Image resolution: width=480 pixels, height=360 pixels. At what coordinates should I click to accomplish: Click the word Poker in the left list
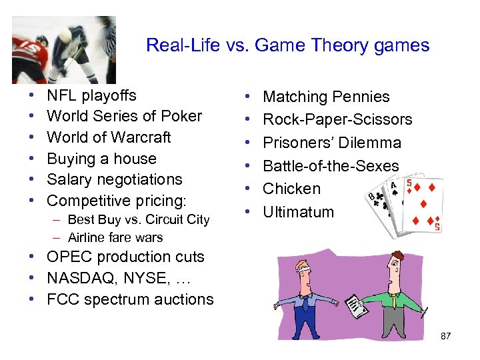[181, 116]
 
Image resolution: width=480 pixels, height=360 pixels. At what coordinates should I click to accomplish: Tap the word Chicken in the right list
[291, 189]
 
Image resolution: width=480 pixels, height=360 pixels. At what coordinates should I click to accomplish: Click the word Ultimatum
[298, 212]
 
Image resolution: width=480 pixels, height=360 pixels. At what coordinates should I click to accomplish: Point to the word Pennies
[363, 97]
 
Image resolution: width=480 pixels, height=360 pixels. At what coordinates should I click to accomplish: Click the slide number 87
[446, 336]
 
